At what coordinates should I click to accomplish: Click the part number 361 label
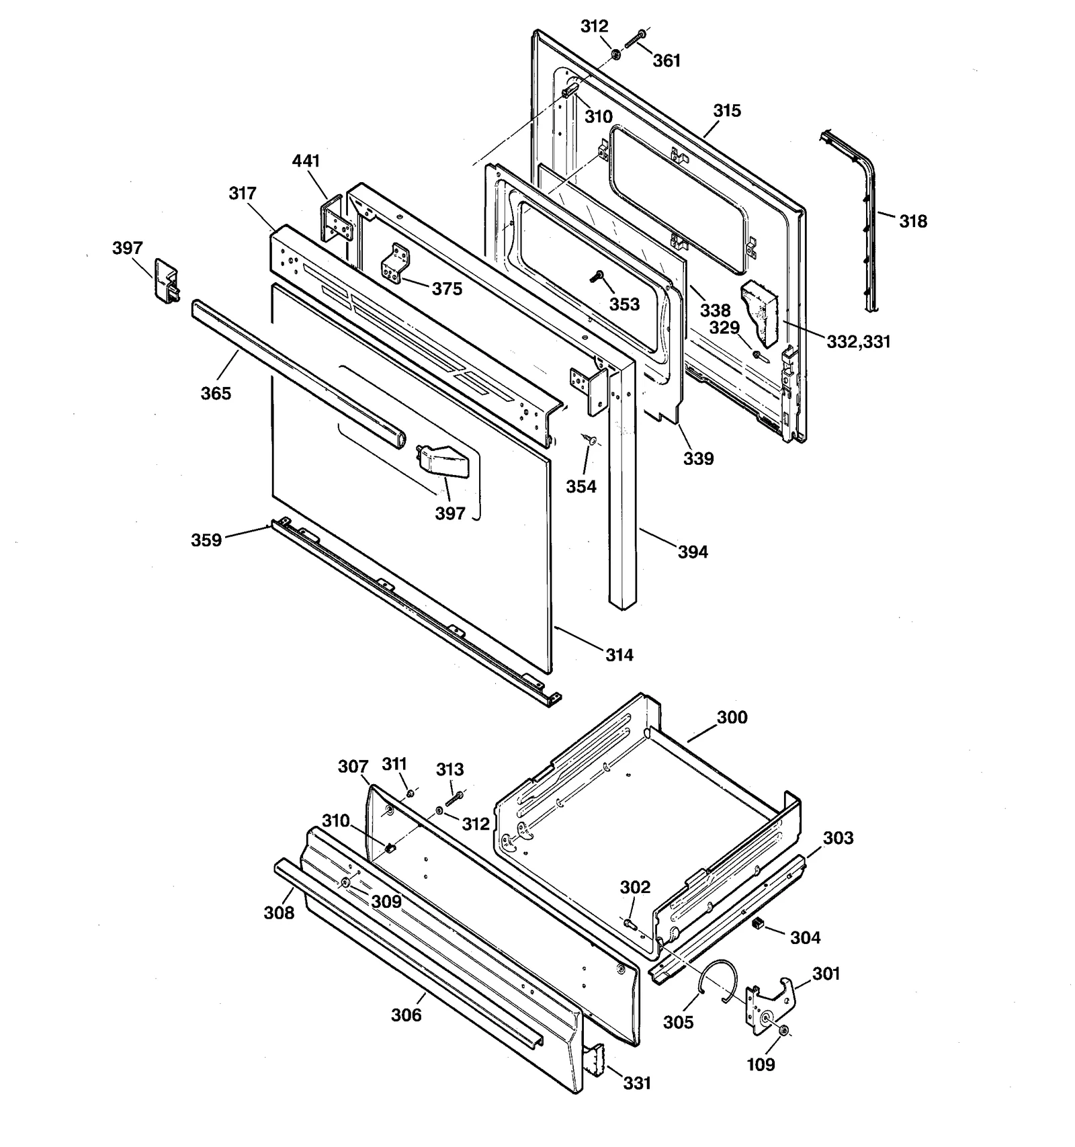pos(666,60)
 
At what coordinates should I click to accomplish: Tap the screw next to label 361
pos(634,39)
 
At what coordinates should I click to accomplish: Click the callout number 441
pos(306,161)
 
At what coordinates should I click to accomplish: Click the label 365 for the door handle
pos(216,393)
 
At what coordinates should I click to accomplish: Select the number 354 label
pos(580,486)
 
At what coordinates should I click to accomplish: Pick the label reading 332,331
pos(858,341)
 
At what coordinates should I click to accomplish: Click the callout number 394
pos(692,552)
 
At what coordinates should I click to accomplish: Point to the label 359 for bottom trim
pos(206,540)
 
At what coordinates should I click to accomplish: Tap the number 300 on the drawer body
pos(732,717)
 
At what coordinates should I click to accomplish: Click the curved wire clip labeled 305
pos(718,983)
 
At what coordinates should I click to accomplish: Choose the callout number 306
pos(406,1015)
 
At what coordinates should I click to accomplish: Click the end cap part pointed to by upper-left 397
pos(166,282)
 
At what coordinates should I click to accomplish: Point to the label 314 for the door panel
pos(619,654)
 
